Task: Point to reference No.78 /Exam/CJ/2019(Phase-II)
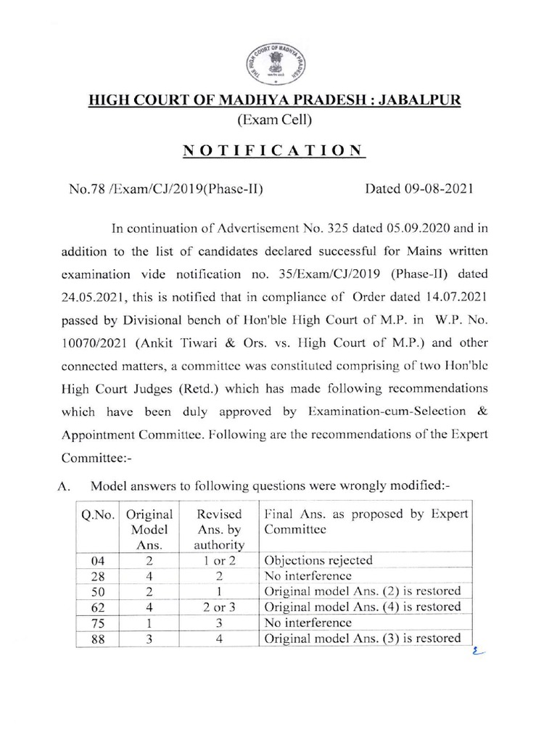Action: click(x=165, y=190)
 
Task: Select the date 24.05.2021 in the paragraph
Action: click(x=96, y=297)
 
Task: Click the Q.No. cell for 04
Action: click(x=98, y=560)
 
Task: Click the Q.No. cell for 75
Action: click(x=98, y=623)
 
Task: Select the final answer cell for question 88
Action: click(x=363, y=638)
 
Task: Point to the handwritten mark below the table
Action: click(x=475, y=651)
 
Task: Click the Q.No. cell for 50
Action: click(x=98, y=591)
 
